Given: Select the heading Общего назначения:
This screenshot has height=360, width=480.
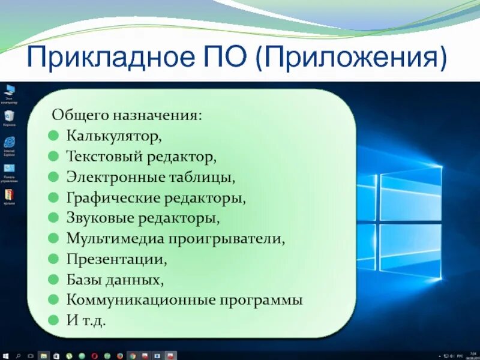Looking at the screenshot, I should [127, 114].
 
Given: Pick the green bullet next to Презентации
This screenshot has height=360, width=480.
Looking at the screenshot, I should [54, 259].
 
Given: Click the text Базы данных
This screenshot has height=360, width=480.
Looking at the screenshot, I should [114, 280].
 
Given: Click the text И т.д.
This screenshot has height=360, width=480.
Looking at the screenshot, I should [86, 320].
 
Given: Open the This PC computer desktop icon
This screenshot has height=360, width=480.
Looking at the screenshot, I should [9, 91].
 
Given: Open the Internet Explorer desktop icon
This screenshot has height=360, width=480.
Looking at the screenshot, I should [9, 142].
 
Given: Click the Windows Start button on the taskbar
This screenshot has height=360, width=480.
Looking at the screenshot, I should [5, 355].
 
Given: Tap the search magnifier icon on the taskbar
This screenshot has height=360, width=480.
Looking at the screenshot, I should [18, 355].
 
